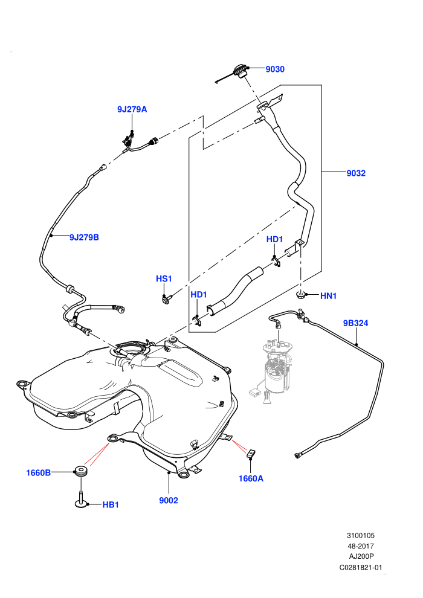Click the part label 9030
(274, 69)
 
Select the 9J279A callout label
(132, 109)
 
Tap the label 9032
(356, 173)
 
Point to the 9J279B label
(84, 237)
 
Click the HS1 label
(164, 279)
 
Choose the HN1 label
(328, 296)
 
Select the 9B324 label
(355, 323)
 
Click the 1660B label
(38, 473)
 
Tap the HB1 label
(111, 505)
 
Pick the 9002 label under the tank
(169, 500)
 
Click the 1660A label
(251, 478)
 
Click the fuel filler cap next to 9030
(239, 71)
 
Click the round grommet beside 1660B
(81, 471)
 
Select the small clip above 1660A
(251, 453)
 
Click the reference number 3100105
(360, 535)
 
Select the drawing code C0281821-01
(360, 567)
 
